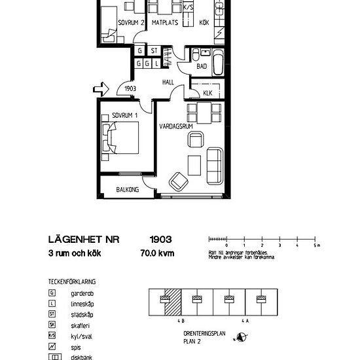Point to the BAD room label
pos(202,67)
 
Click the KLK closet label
pos(207,93)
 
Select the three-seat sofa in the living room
pos(213,166)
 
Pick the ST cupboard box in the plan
pos(154,51)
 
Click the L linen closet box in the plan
pos(157,63)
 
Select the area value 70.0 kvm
pos(158,253)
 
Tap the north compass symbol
pos(243,338)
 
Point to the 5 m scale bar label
pos(315,246)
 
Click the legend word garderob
pos(81,293)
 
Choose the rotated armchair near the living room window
pos(177,179)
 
